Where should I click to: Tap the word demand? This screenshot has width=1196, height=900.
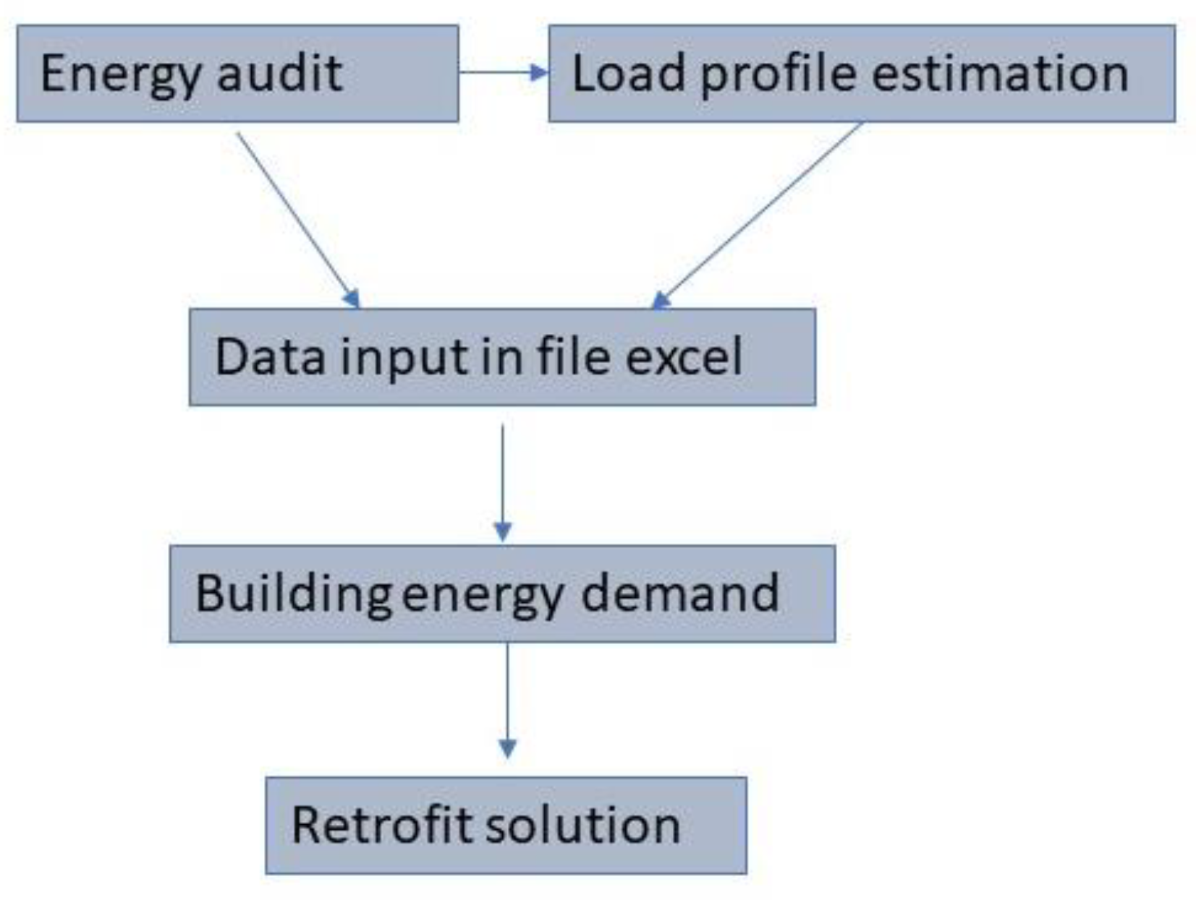coord(680,593)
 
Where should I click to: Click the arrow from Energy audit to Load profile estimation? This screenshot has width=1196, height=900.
coord(504,72)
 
